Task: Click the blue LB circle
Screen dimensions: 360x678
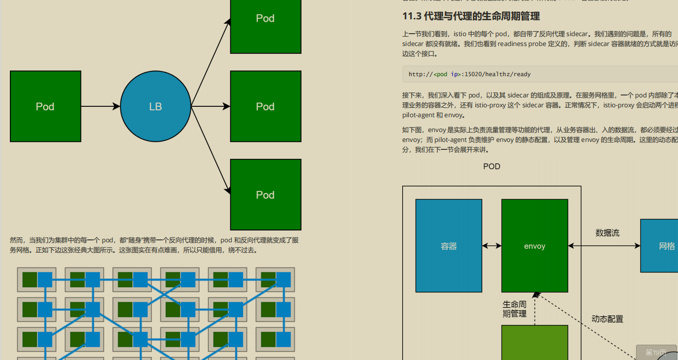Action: tap(156, 106)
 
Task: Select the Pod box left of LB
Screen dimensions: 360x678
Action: tap(45, 106)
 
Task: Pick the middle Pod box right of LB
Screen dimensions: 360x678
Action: tap(265, 106)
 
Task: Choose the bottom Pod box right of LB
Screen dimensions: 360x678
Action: tap(265, 194)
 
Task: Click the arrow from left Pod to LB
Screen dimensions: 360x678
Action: tap(100, 106)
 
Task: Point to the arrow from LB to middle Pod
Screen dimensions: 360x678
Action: tap(211, 106)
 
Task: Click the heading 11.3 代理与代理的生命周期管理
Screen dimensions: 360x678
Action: tap(471, 16)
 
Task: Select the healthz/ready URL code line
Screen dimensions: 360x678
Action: tap(469, 74)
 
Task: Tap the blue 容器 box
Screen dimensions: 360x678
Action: tap(449, 246)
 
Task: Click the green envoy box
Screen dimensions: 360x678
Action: tap(535, 246)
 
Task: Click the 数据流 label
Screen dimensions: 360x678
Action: tap(607, 232)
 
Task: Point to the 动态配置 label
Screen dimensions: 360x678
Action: tap(607, 319)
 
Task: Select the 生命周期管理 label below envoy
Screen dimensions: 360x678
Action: tap(514, 309)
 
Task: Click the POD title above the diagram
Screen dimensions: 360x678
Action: tap(492, 167)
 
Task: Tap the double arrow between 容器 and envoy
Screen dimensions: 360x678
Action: tap(492, 246)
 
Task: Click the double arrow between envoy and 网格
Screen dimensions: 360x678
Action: tap(604, 246)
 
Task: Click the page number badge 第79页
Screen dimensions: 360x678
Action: tap(656, 353)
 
